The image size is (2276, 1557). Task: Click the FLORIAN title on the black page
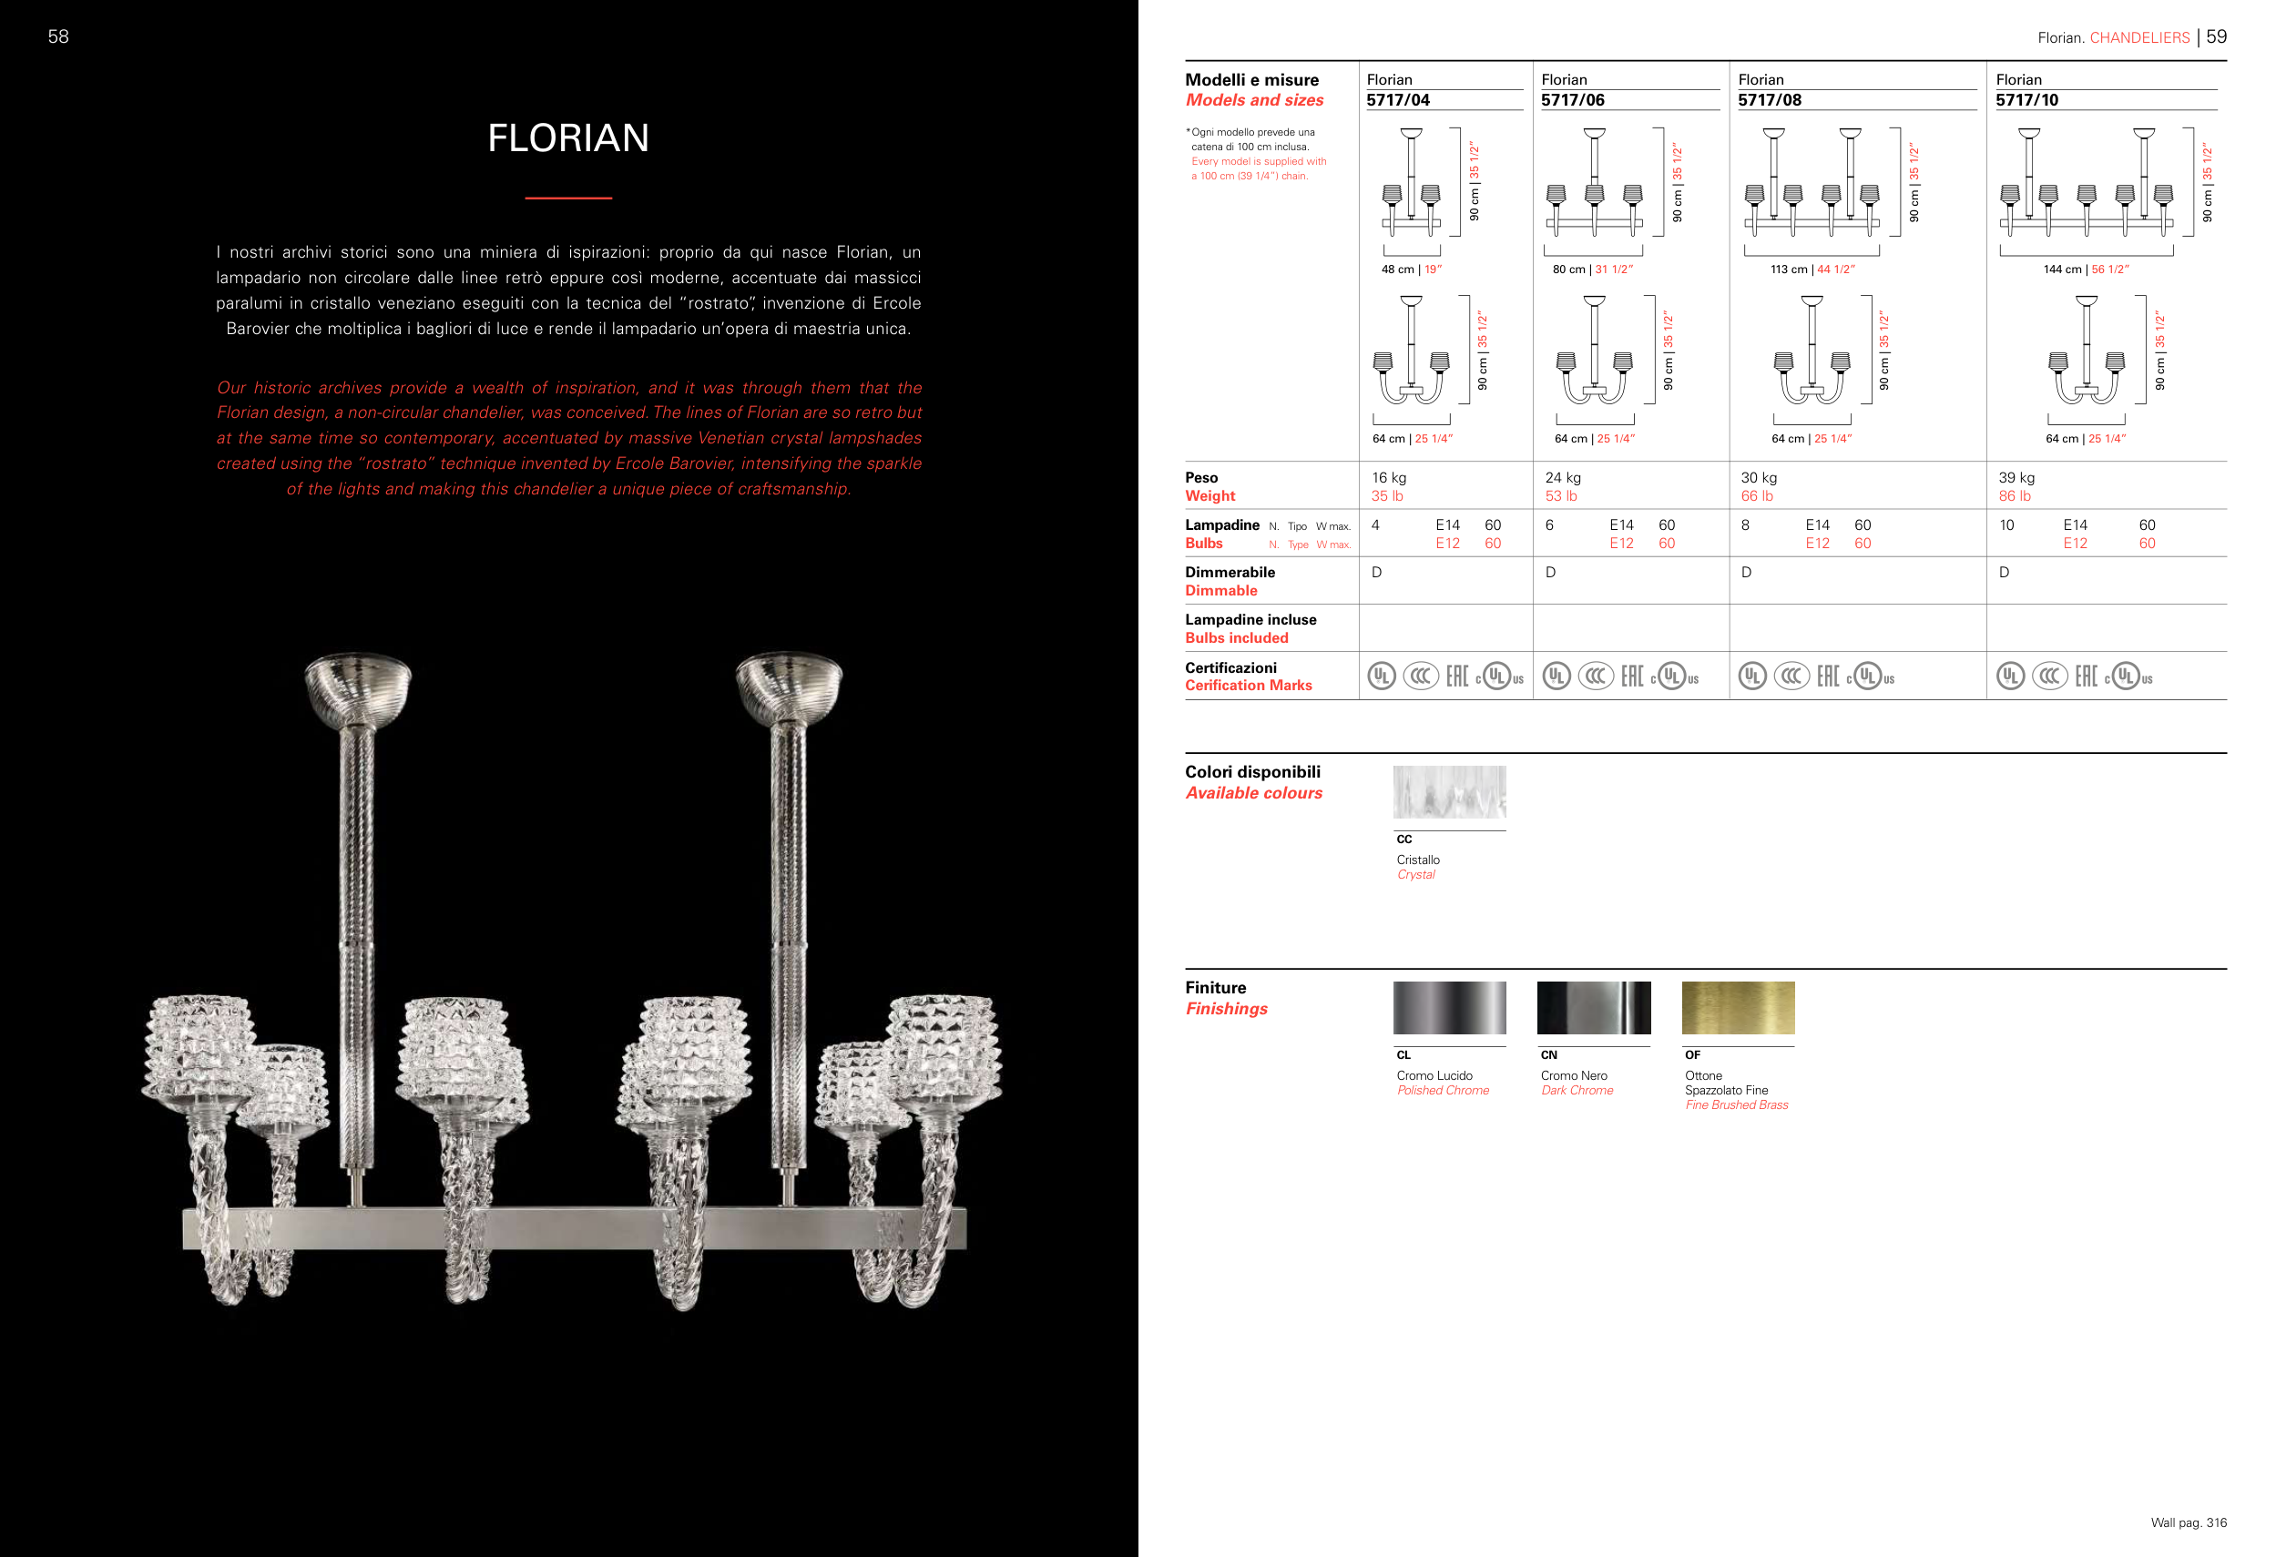coord(568,138)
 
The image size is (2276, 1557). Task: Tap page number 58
coord(59,36)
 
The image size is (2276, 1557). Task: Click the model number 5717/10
coord(2026,100)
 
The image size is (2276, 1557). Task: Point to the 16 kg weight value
coord(1389,478)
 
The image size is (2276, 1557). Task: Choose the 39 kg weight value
coord(2016,478)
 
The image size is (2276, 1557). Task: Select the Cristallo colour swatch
coord(1449,792)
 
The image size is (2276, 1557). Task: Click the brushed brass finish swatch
coord(1739,1008)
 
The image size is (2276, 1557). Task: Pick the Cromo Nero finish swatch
coord(1594,1008)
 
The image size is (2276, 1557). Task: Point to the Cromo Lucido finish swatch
coord(1449,1008)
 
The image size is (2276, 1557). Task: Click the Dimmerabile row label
coord(1230,572)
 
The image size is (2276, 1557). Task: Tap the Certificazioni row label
coord(1231,667)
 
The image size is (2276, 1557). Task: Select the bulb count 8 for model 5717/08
coord(1745,524)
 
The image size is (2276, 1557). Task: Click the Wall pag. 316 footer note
coord(2188,1522)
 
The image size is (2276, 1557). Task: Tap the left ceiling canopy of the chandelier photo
coord(357,686)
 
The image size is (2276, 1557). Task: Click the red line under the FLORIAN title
coord(568,198)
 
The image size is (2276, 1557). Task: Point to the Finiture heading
coord(1215,988)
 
